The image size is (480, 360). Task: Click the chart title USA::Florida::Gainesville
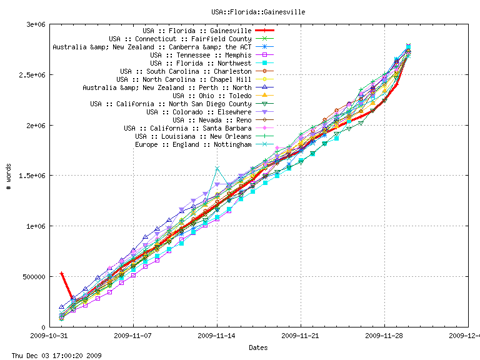pyautogui.click(x=257, y=11)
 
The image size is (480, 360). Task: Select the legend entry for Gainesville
pyautogui.click(x=197, y=30)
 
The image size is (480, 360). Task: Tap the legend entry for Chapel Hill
pyautogui.click(x=184, y=79)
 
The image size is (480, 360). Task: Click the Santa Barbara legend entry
pyautogui.click(x=187, y=128)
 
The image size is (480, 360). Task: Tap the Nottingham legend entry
pyautogui.click(x=193, y=144)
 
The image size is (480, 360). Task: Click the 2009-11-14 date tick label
pyautogui.click(x=217, y=335)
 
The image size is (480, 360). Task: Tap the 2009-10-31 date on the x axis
pyautogui.click(x=50, y=335)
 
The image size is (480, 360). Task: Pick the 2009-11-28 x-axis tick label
pyautogui.click(x=384, y=335)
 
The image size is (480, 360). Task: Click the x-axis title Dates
pyautogui.click(x=259, y=347)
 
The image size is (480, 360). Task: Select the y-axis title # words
pyautogui.click(x=9, y=176)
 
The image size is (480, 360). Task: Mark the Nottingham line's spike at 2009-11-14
pyautogui.click(x=217, y=168)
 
